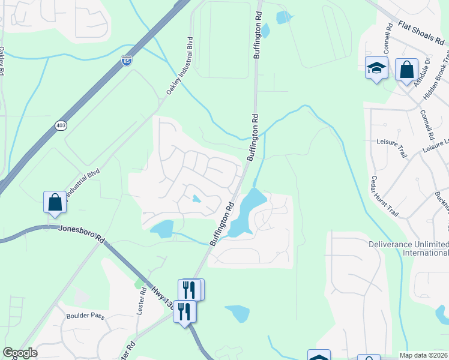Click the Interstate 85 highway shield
[x=125, y=61]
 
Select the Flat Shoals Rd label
[x=423, y=34]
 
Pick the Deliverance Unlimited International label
[x=408, y=248]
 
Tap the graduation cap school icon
[x=376, y=69]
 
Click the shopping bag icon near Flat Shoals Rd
[x=406, y=70]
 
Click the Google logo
[x=19, y=353]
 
